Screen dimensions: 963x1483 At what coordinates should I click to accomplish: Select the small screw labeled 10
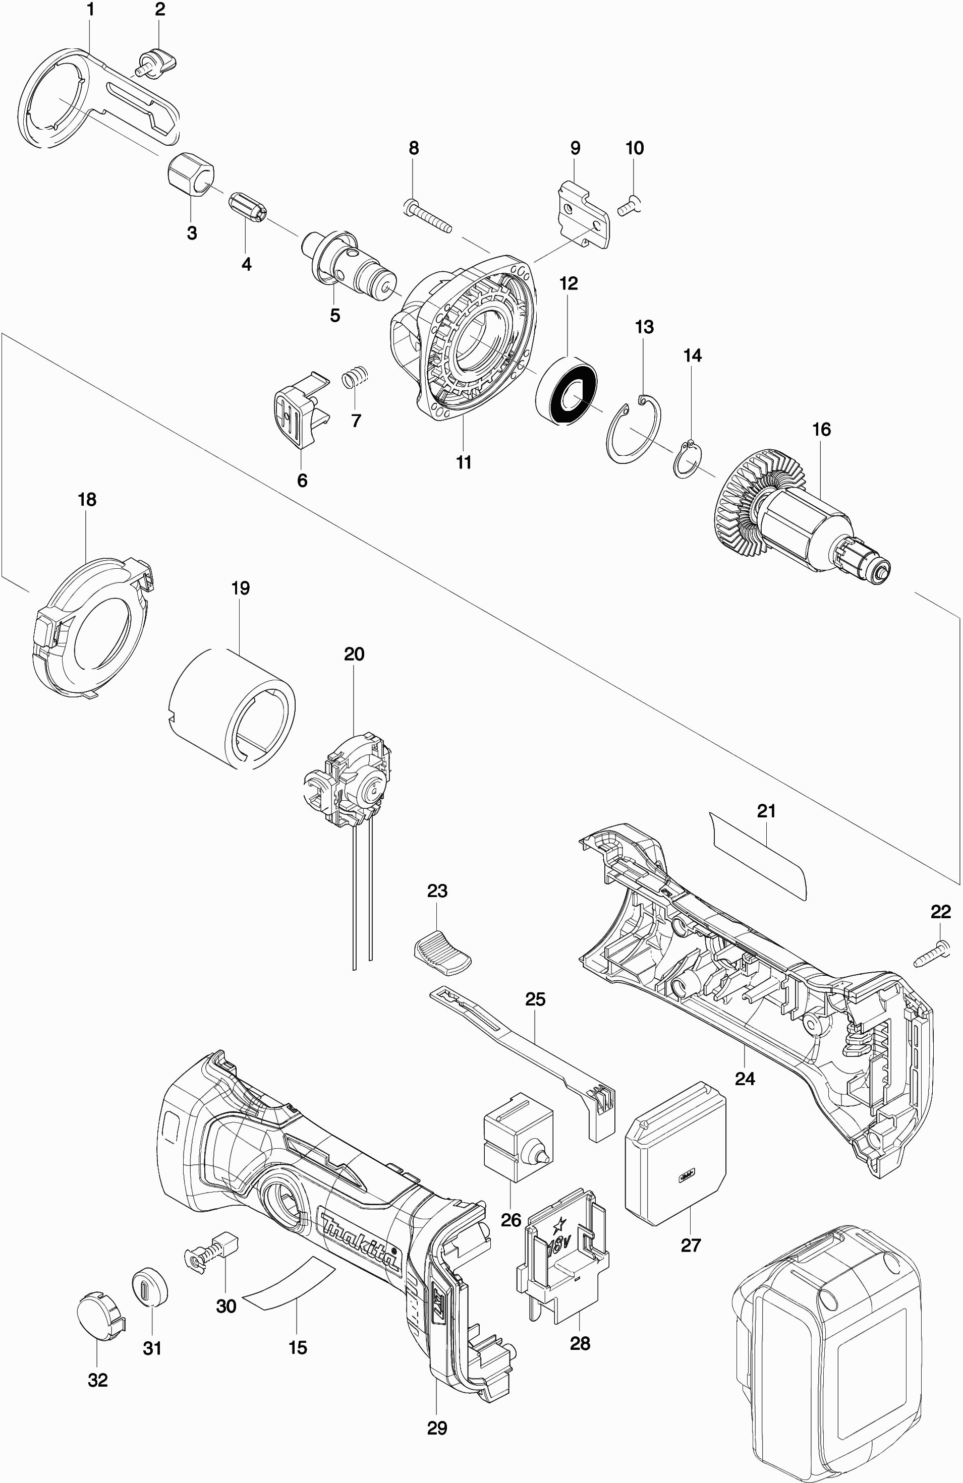pos(631,205)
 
